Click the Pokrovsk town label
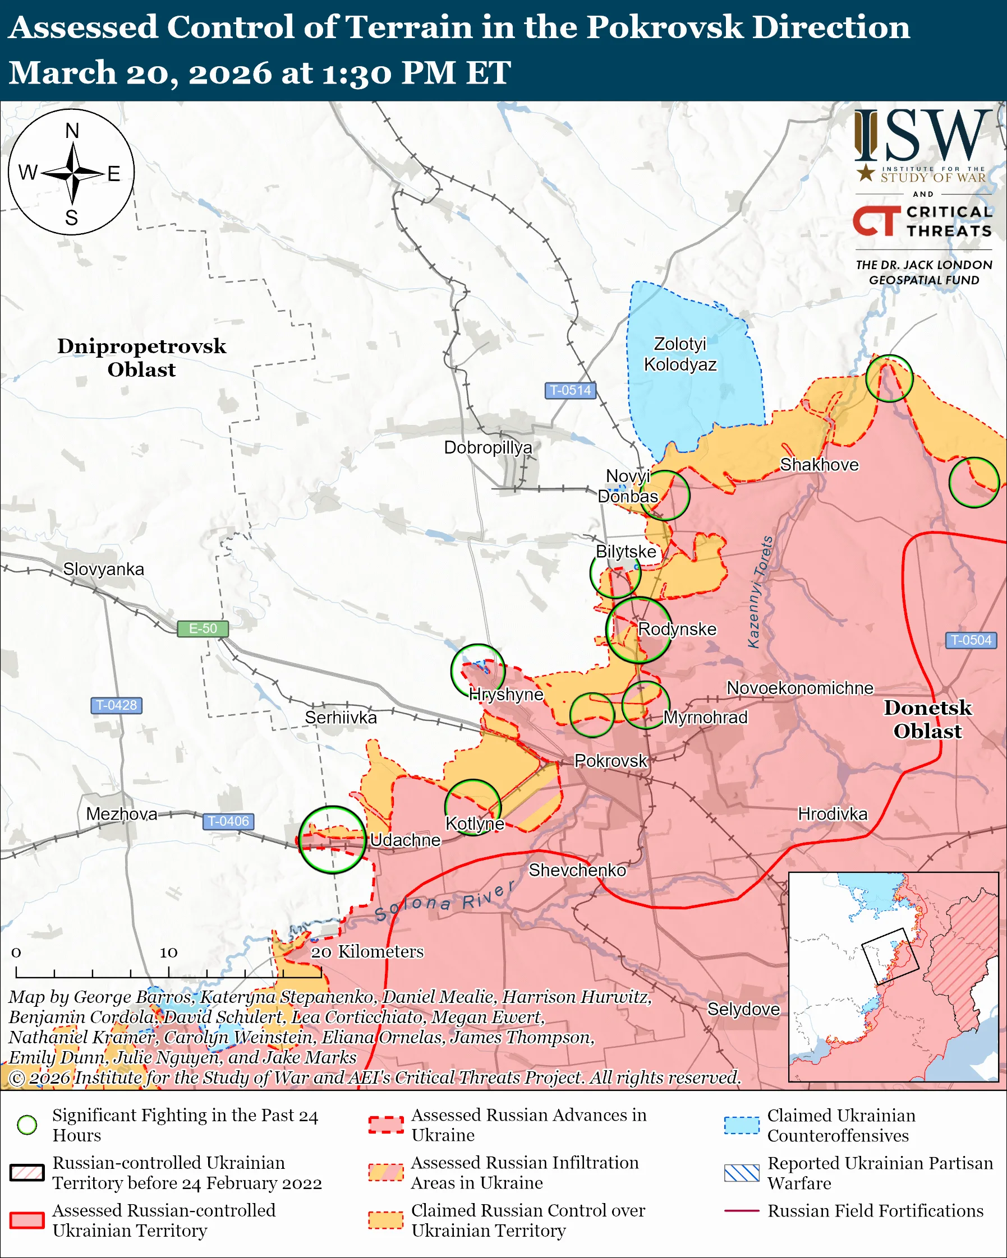pyautogui.click(x=610, y=761)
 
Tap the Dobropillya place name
pyautogui.click(x=488, y=447)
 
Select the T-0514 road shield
pyautogui.click(x=570, y=390)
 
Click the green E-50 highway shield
pyautogui.click(x=203, y=628)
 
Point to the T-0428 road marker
pyautogui.click(x=116, y=705)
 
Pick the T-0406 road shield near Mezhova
pyautogui.click(x=228, y=821)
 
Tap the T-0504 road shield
pyautogui.click(x=971, y=640)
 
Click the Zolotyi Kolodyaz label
pyautogui.click(x=680, y=354)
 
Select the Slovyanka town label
pyautogui.click(x=103, y=569)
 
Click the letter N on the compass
pyautogui.click(x=72, y=131)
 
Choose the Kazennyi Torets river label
pyautogui.click(x=760, y=592)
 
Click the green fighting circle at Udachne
pyautogui.click(x=332, y=840)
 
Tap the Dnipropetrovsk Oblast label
pyautogui.click(x=141, y=358)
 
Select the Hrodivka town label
pyautogui.click(x=833, y=814)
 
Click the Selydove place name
pyautogui.click(x=743, y=1009)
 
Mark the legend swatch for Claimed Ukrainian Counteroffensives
pyautogui.click(x=742, y=1125)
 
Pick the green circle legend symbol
pyautogui.click(x=27, y=1125)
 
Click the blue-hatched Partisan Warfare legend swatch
pyautogui.click(x=742, y=1173)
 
